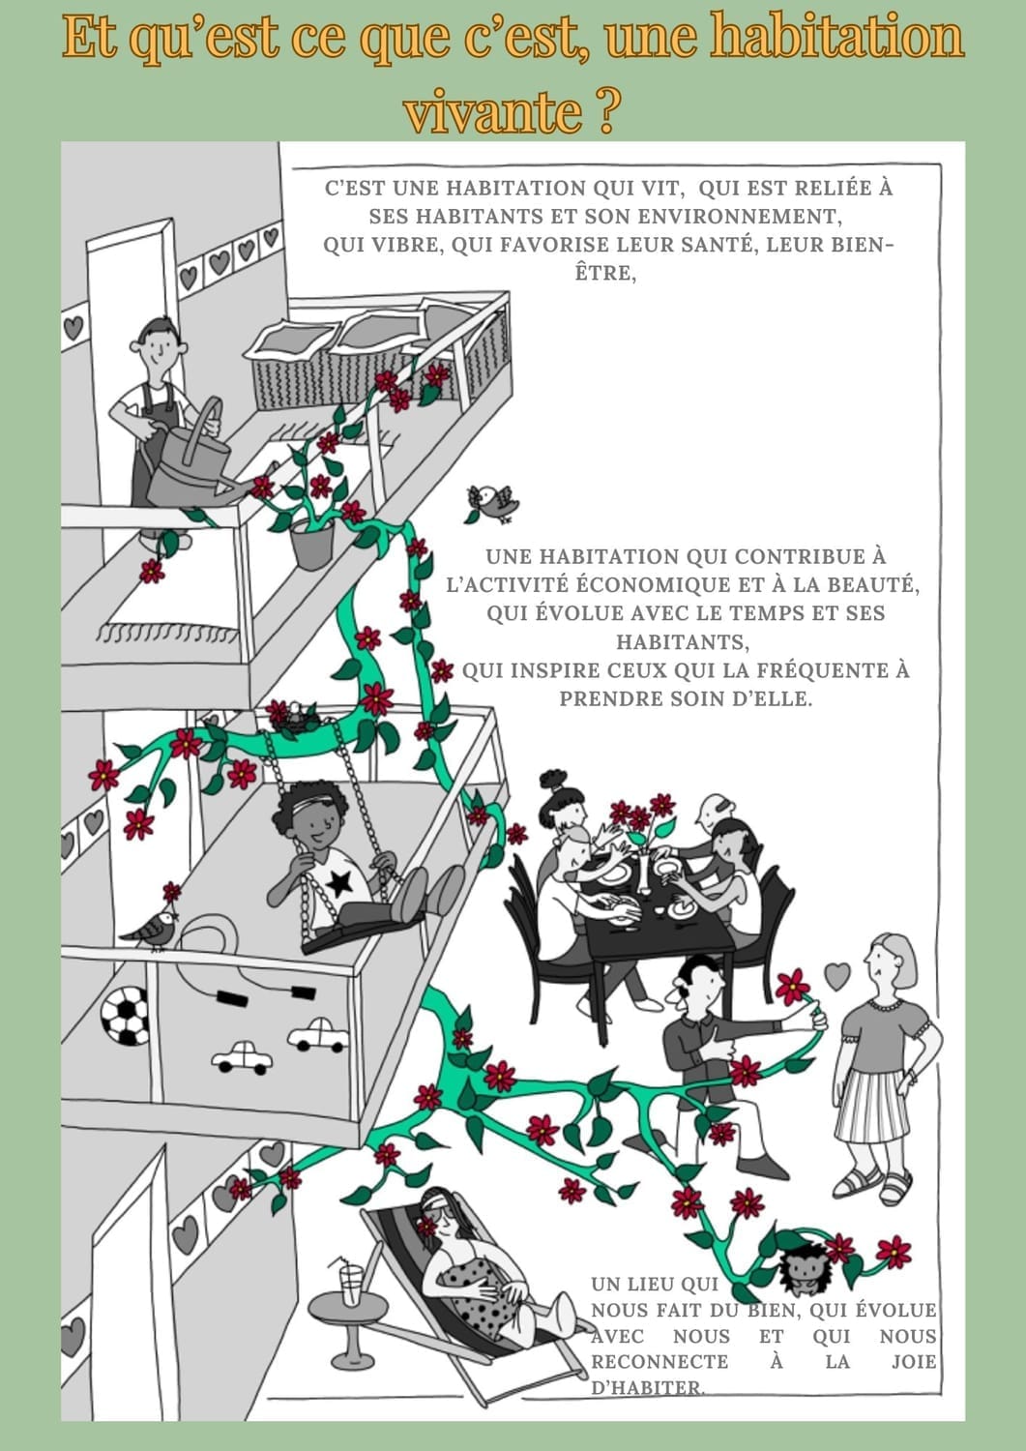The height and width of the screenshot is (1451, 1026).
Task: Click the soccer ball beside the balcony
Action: tap(125, 1016)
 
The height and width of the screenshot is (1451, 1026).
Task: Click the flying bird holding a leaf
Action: tap(493, 504)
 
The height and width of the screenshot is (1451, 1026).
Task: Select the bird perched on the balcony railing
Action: tap(149, 931)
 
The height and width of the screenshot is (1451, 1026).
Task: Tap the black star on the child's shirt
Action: tap(340, 882)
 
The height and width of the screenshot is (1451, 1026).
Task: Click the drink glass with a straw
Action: tap(350, 1282)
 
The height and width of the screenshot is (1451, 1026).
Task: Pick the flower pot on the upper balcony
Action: tap(313, 544)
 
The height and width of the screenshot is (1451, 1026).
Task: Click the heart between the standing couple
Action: tap(836, 976)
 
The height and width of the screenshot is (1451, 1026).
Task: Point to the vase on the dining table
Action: tap(643, 872)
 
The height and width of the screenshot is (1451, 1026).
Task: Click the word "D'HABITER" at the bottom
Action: tap(647, 1387)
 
